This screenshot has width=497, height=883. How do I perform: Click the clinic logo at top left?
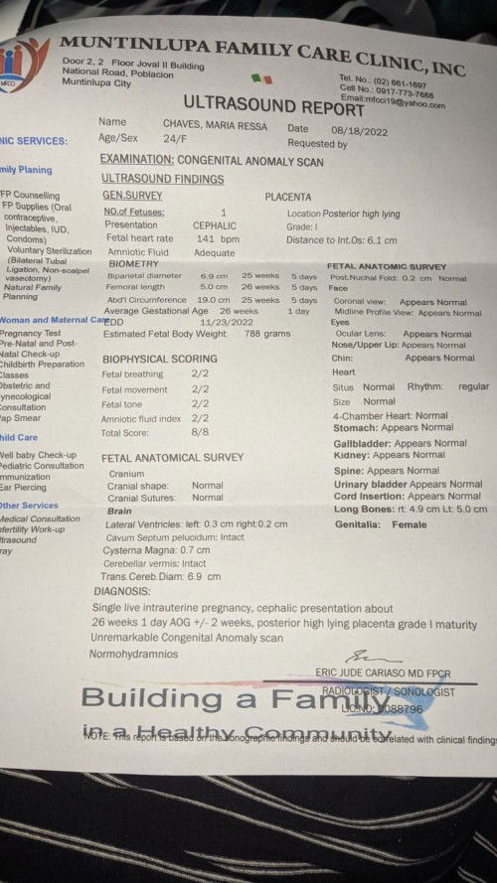22,62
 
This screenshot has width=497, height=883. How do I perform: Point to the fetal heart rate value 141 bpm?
217,238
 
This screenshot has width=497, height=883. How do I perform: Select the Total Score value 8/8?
200,433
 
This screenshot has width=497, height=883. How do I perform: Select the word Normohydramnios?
134,654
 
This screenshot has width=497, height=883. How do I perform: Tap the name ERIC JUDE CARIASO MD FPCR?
394,672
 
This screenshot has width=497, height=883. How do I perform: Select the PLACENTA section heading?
288,197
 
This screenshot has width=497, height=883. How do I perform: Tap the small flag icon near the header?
261,77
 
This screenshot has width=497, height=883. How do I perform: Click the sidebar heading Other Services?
28,506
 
